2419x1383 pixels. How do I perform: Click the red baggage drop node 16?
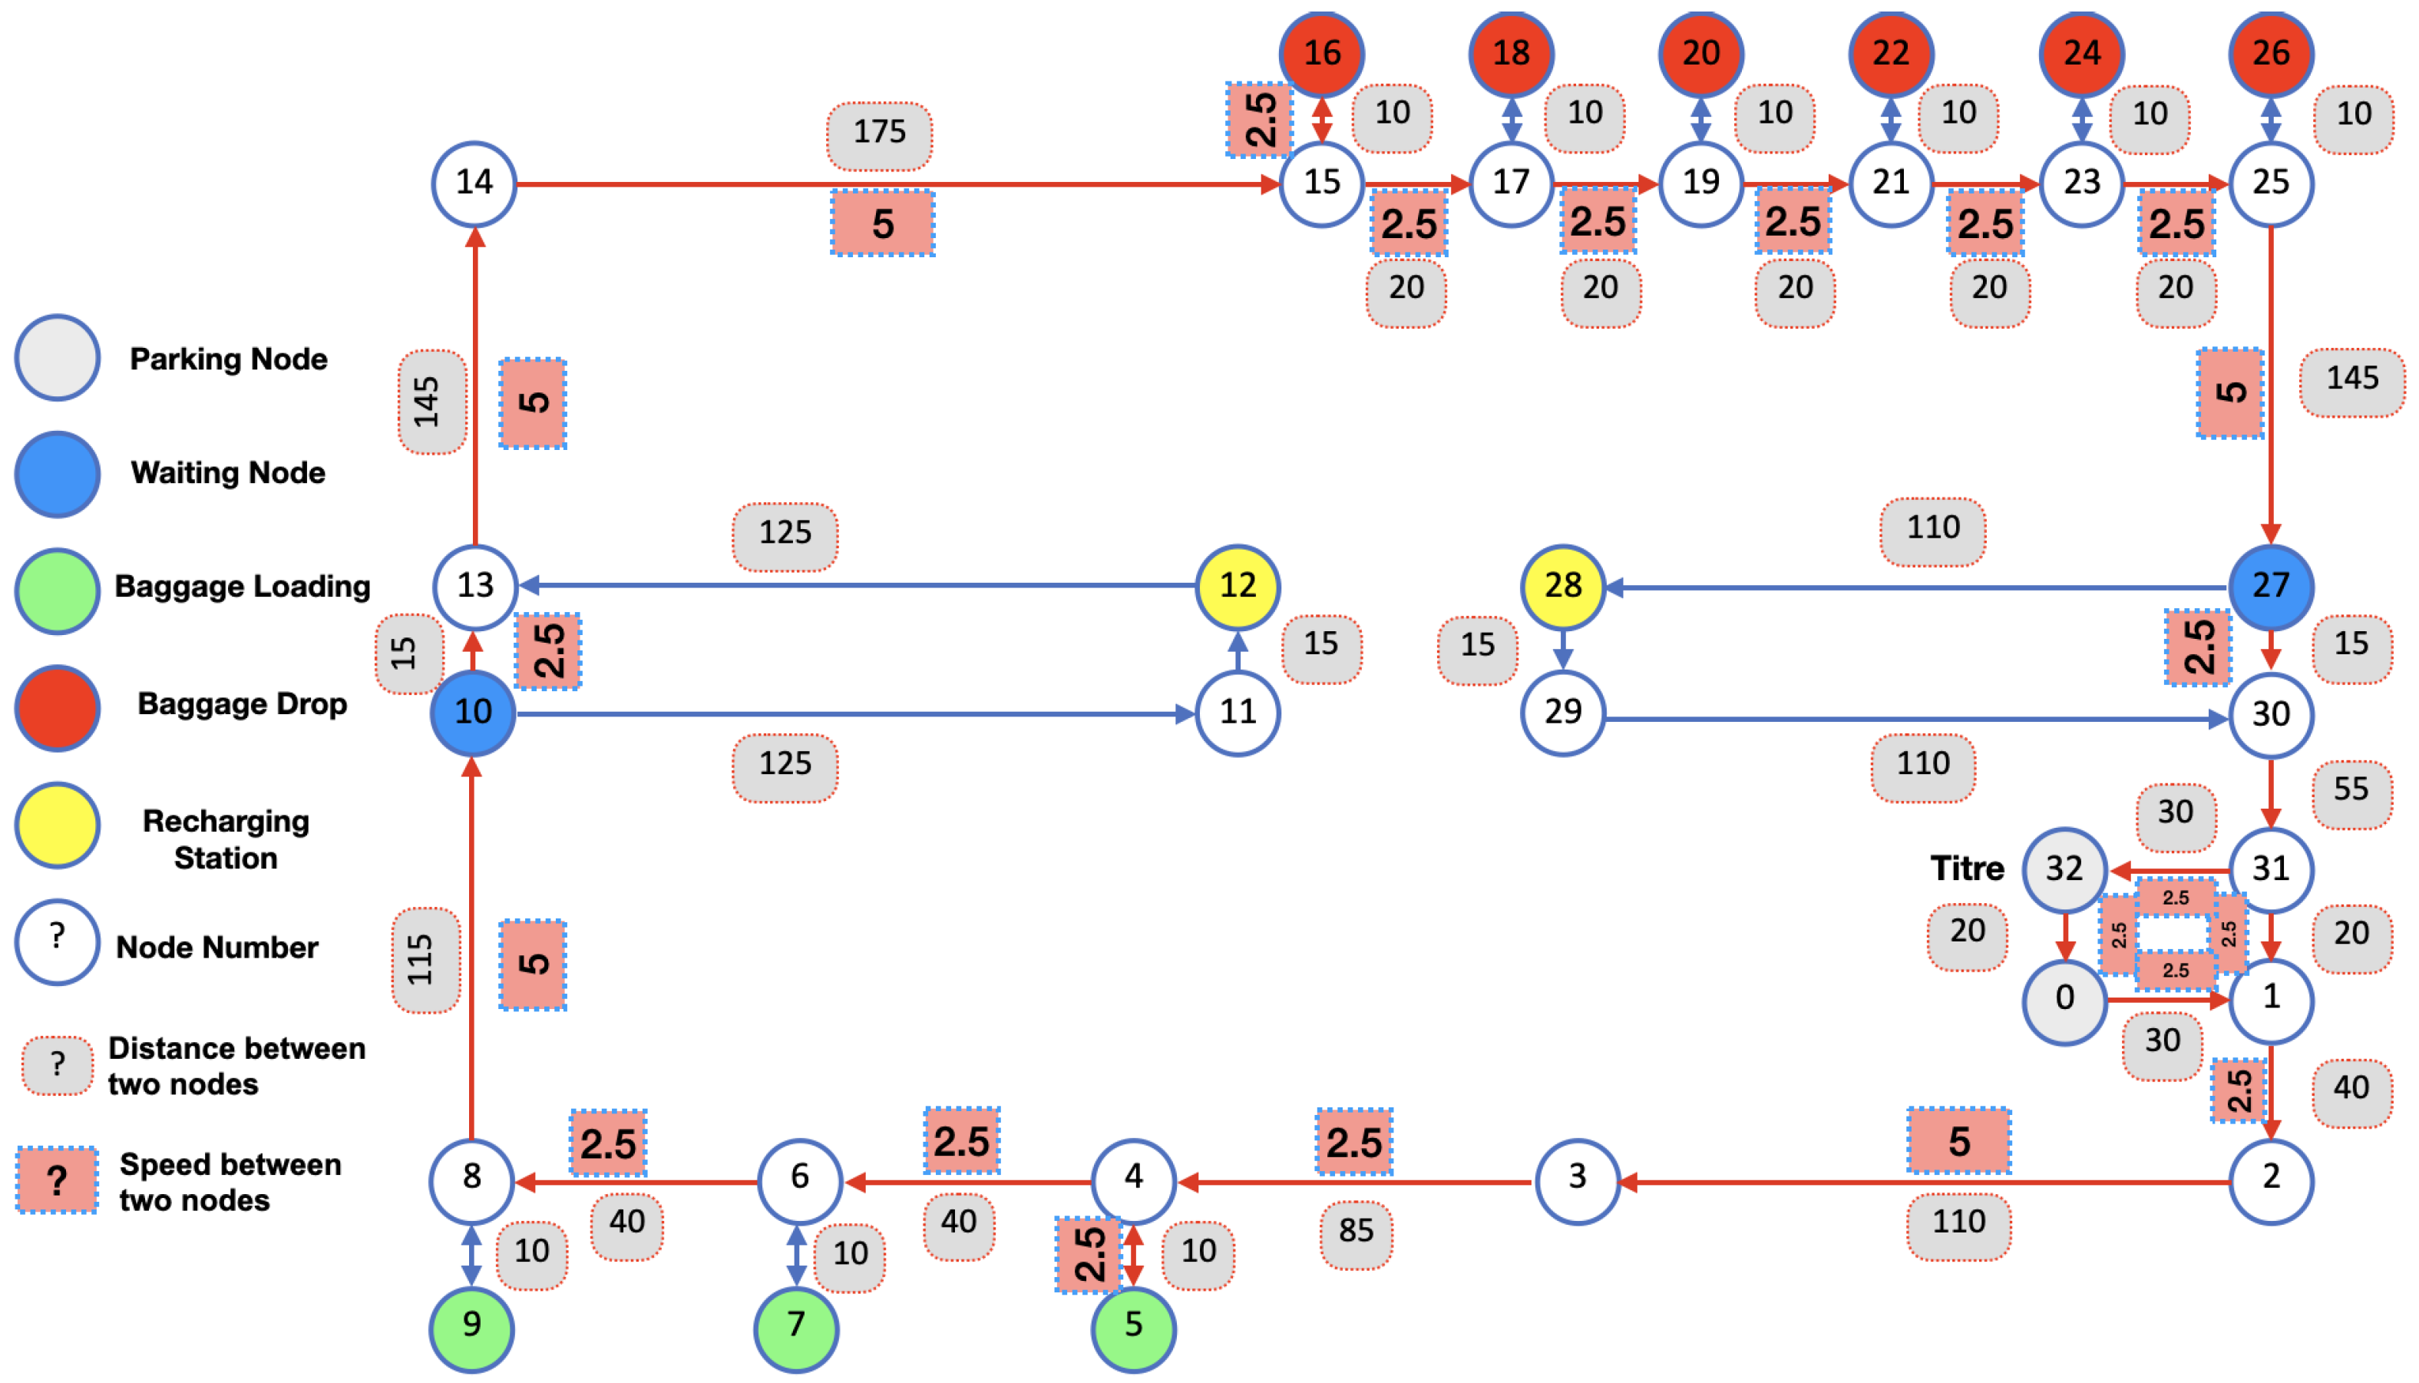1320,53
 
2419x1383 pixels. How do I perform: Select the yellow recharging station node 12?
1237,586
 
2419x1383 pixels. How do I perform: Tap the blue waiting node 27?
2270,586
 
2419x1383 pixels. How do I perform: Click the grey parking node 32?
2064,869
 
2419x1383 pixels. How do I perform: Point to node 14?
474,182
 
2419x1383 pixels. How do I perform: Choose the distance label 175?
879,133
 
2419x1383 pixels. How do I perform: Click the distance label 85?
1356,1231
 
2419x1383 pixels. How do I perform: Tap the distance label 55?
2351,790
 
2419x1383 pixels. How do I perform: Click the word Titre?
1967,869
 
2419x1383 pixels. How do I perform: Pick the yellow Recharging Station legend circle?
57,825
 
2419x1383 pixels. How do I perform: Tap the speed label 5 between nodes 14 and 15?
883,224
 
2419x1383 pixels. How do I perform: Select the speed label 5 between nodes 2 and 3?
1958,1141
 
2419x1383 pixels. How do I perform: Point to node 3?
1577,1178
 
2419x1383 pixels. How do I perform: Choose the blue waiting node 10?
473,713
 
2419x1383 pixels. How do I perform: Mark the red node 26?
2270,53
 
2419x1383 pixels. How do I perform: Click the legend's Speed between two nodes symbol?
57,1181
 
